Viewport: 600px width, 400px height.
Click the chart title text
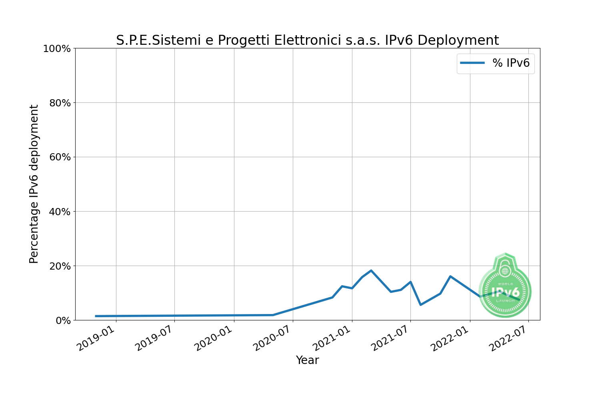(x=307, y=40)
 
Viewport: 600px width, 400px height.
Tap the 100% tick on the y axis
(x=57, y=49)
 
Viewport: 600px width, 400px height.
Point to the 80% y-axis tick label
(x=60, y=103)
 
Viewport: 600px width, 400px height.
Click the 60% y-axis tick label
(x=60, y=157)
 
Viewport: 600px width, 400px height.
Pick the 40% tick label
(x=60, y=212)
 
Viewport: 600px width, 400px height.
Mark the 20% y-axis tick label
(x=60, y=266)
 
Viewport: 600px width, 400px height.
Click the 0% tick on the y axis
(x=63, y=320)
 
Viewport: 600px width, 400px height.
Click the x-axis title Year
(x=307, y=360)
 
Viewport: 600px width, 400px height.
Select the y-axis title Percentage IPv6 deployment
(x=34, y=184)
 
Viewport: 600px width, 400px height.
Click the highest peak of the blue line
(x=371, y=271)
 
